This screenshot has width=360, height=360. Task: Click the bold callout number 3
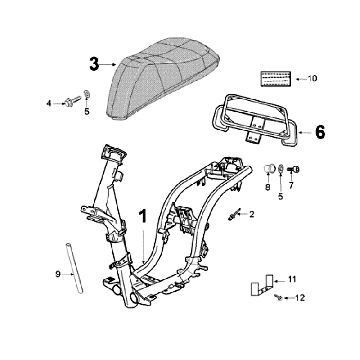94,64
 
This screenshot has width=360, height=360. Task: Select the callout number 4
49,104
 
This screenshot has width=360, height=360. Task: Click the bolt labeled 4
73,101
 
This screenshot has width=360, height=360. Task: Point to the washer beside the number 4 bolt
87,94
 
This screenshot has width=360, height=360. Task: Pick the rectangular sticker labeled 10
275,79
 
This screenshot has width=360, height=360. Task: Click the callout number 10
312,79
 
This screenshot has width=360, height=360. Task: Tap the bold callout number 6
320,132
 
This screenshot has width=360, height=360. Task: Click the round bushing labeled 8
269,169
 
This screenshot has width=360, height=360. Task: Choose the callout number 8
268,187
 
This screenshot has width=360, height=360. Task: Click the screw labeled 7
293,170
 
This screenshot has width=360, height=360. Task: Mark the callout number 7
291,186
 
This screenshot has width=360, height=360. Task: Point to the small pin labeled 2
234,214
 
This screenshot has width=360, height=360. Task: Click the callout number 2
252,214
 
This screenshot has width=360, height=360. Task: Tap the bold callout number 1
143,216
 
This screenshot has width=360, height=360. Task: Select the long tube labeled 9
74,269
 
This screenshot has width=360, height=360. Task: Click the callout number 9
58,274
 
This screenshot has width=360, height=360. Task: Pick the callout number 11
292,279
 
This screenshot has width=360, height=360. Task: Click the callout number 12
300,298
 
